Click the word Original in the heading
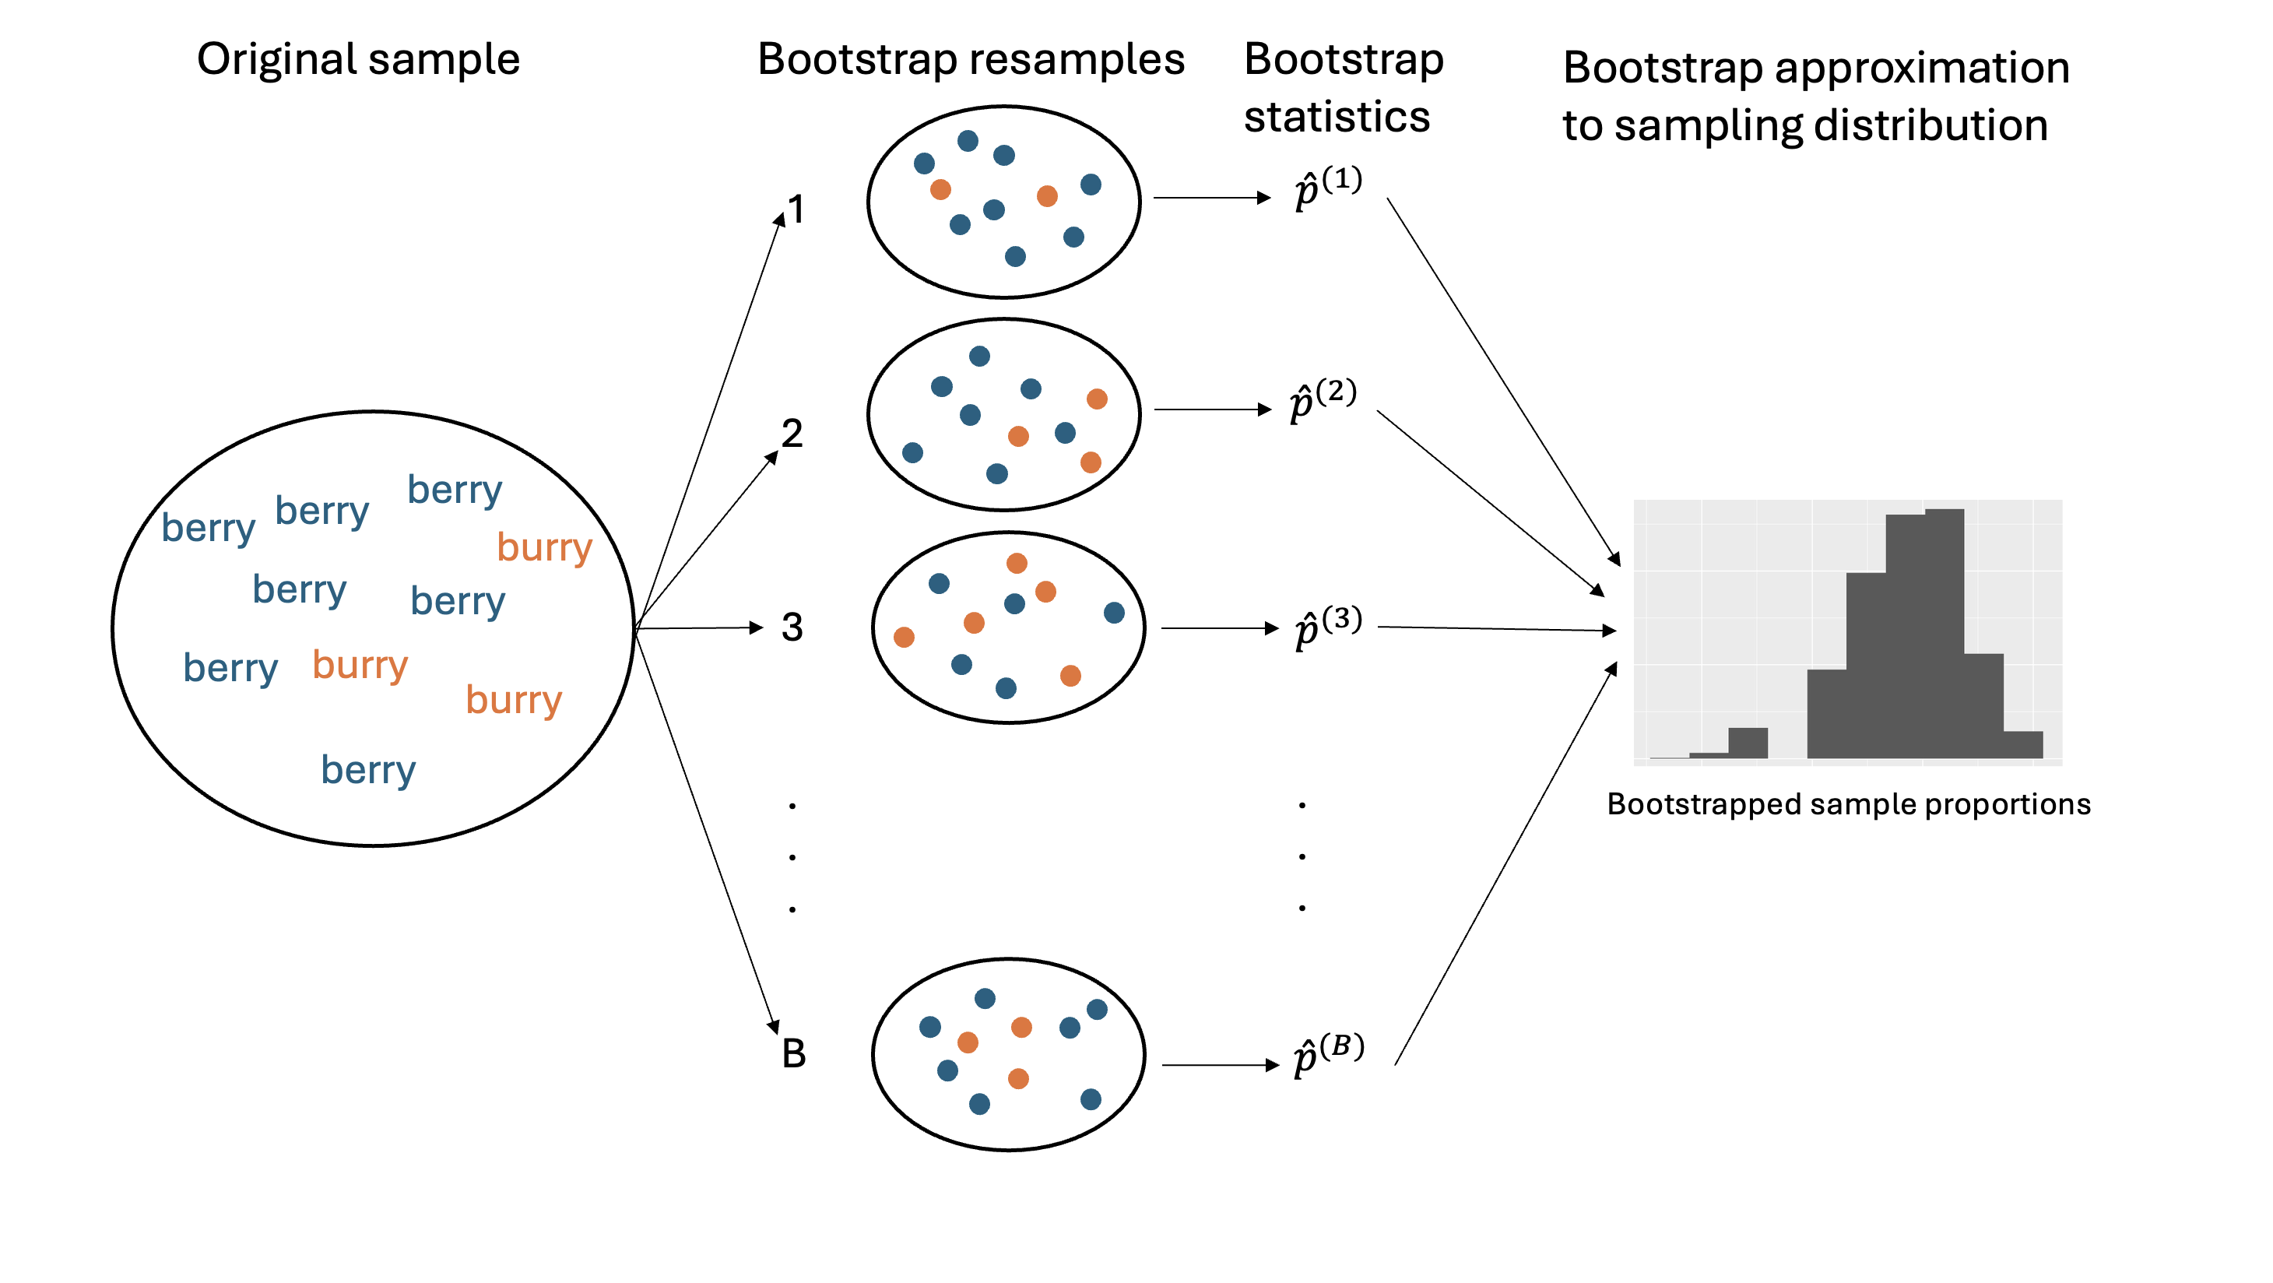[x=276, y=60]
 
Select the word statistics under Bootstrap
[x=1336, y=118]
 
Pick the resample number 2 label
[x=792, y=434]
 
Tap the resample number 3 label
[x=792, y=627]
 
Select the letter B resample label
[x=793, y=1053]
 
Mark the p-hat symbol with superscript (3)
[x=1327, y=627]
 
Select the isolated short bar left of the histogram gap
[x=1747, y=742]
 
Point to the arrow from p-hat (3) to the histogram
[x=1495, y=629]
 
